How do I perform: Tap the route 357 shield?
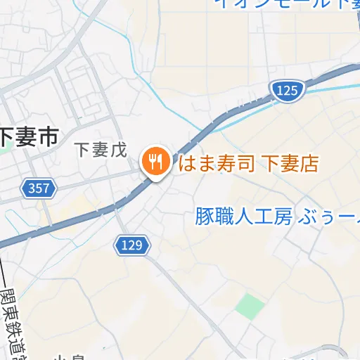(x=39, y=188)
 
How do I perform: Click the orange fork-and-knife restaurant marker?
(x=154, y=162)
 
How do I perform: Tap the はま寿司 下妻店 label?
(x=248, y=165)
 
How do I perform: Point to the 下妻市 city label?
(x=28, y=136)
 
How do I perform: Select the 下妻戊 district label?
(x=100, y=150)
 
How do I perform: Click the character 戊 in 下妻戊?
(x=117, y=150)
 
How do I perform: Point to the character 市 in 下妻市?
(x=47, y=136)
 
